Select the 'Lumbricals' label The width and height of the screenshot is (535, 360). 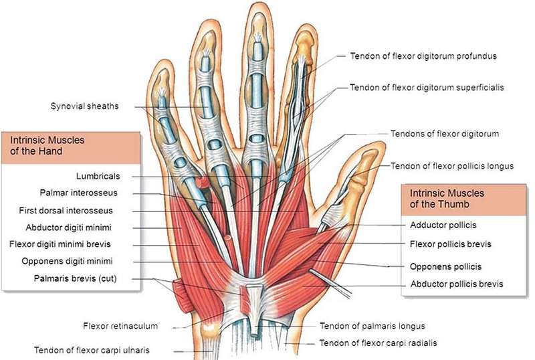click(98, 176)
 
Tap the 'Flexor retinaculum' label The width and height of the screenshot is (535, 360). click(120, 327)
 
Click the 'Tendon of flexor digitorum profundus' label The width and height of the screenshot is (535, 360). click(423, 56)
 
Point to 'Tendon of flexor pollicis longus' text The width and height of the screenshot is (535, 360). click(452, 166)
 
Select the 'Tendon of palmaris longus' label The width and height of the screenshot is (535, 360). click(372, 327)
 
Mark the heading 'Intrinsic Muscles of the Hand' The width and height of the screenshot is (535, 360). click(45, 146)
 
